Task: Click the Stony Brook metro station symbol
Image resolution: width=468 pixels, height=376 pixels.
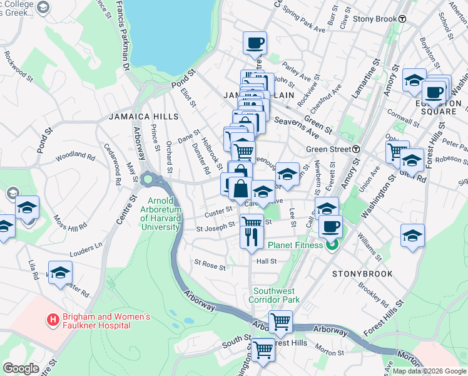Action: point(403,19)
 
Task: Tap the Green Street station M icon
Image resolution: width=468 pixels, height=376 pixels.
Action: point(356,149)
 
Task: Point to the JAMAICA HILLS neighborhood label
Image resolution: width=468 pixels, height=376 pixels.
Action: point(143,117)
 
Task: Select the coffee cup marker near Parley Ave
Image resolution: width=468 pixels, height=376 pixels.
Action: point(255,43)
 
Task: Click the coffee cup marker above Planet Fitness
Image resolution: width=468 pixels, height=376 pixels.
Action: point(330,226)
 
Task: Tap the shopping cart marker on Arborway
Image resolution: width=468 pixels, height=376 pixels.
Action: point(281,322)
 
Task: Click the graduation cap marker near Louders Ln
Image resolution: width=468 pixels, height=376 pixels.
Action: point(60,273)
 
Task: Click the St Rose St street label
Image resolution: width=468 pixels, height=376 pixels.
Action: point(210,266)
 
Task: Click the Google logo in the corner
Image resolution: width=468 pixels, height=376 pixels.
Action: point(21,368)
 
